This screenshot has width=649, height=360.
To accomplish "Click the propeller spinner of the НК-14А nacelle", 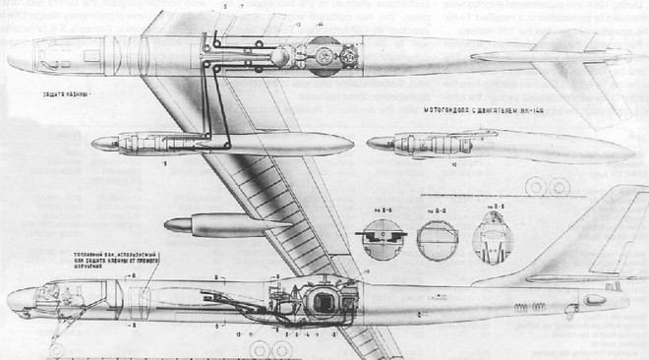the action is click(374, 145).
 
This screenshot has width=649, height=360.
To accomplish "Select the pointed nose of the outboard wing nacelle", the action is click(173, 225).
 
